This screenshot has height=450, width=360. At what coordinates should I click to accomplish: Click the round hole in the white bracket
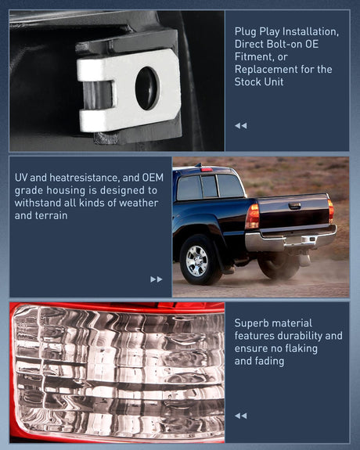[148, 88]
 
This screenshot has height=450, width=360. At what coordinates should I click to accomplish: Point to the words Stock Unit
[259, 82]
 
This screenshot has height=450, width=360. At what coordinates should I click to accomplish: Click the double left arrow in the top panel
[240, 126]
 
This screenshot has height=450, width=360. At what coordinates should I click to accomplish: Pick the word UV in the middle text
[21, 178]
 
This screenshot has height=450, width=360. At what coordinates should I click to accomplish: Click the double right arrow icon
[157, 279]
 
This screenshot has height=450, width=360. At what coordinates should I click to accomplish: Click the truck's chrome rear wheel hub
[196, 261]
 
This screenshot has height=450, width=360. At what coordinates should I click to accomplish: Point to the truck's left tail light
[253, 217]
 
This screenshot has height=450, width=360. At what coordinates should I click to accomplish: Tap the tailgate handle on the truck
[295, 206]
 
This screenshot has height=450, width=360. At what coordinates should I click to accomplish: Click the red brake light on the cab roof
[207, 170]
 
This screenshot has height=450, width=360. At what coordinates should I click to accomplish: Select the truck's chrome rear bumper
[290, 239]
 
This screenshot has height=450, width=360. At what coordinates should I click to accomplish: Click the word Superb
[249, 323]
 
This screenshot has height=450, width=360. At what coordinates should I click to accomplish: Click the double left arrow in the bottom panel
[240, 416]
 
